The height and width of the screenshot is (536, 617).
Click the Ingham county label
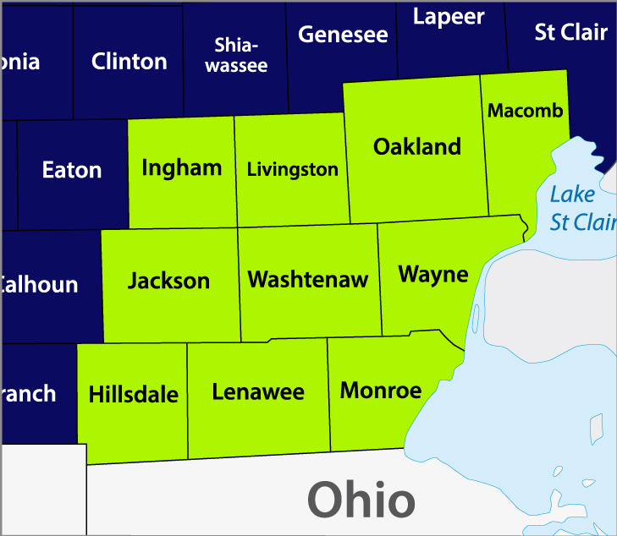(x=181, y=167)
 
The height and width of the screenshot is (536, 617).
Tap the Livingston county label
(x=292, y=169)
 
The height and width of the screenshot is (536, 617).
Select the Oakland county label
(x=417, y=146)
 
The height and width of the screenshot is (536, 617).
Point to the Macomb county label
(x=525, y=111)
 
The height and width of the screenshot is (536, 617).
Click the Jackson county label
(x=168, y=280)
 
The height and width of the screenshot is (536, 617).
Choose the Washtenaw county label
(x=307, y=279)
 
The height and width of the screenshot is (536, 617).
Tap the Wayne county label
(x=432, y=274)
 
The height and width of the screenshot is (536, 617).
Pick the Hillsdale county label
(x=133, y=394)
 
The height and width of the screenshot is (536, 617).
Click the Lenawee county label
(x=257, y=391)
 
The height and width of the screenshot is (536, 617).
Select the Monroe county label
(x=380, y=390)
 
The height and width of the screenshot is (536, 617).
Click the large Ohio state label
(x=361, y=500)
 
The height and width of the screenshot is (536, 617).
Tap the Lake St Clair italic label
(x=581, y=208)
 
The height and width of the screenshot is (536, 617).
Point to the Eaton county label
(x=72, y=170)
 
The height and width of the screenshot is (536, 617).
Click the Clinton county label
(x=129, y=61)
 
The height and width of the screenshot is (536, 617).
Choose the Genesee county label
(x=343, y=35)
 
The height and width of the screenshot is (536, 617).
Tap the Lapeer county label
(x=449, y=16)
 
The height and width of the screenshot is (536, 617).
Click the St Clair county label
(x=571, y=32)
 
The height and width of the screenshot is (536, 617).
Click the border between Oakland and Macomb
(x=485, y=144)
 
